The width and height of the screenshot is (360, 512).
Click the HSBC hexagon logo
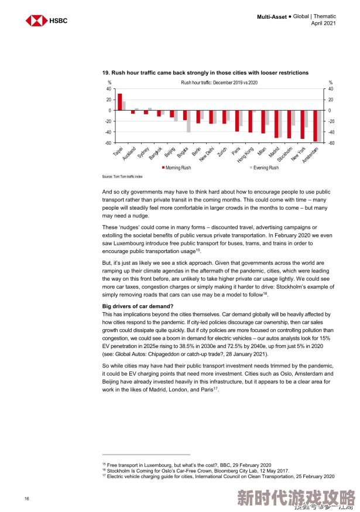coord(36,21)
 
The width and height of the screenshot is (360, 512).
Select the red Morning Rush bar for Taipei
coord(119,102)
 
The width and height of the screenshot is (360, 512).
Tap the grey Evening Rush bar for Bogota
coord(188,121)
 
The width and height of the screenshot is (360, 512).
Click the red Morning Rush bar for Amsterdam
coord(315,126)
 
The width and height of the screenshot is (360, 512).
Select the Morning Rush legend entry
coord(177,168)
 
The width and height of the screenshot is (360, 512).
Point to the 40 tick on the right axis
coord(331,89)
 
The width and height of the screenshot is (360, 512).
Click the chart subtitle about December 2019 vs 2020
coord(219,83)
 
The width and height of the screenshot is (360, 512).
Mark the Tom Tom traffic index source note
coord(122,176)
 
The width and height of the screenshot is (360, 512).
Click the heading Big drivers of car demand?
coord(138,306)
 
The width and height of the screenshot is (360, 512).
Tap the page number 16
coord(27,498)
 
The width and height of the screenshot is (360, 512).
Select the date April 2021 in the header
coord(323,23)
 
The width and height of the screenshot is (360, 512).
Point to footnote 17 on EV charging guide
coord(218,476)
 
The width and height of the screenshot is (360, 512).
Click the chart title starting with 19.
coord(205,73)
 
